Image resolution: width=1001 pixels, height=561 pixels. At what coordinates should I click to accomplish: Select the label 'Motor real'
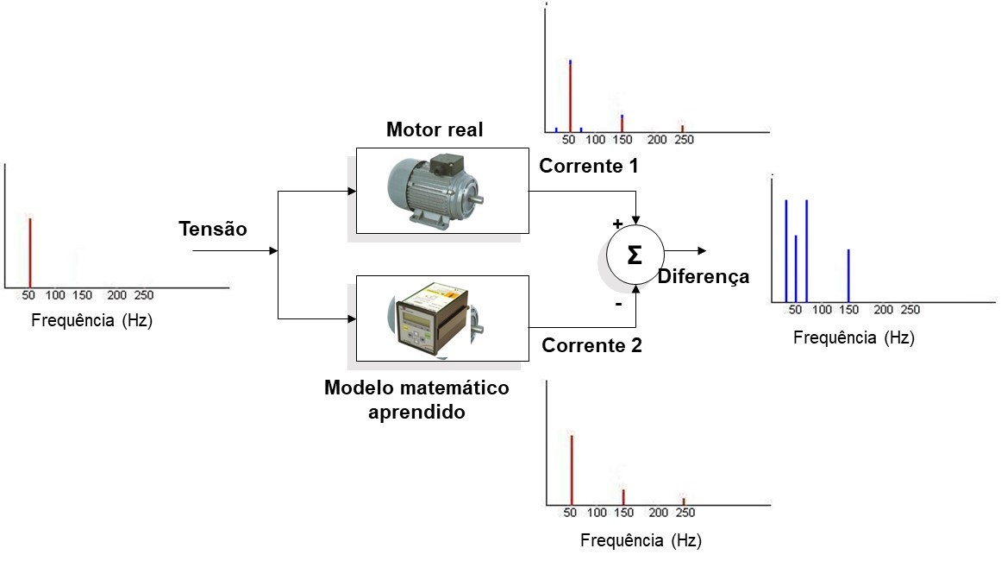coord(435,130)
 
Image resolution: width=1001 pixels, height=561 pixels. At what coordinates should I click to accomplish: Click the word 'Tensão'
coord(213,229)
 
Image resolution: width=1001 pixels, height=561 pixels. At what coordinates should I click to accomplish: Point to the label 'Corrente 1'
coord(589,167)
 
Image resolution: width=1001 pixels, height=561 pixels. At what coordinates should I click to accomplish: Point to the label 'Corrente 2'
coord(591,346)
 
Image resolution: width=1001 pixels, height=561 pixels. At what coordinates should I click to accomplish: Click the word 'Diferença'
coord(703,277)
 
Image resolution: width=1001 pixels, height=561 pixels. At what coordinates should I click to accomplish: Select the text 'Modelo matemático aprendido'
coord(416,400)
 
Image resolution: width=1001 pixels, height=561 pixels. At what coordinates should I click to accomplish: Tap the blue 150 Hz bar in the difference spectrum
coord(848,275)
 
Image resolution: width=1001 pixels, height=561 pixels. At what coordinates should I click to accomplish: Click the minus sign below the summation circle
coord(617,305)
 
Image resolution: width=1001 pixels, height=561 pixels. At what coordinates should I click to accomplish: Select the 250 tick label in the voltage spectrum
coord(144,295)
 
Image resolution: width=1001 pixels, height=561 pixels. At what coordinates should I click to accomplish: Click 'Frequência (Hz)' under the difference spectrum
coord(854,338)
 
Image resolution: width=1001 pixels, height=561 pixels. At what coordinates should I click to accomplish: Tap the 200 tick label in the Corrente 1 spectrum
coord(657,140)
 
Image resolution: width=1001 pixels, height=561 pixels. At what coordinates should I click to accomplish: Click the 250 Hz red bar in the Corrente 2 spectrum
coord(684,501)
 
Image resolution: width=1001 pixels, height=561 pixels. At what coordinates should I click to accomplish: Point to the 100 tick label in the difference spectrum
coord(823,310)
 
